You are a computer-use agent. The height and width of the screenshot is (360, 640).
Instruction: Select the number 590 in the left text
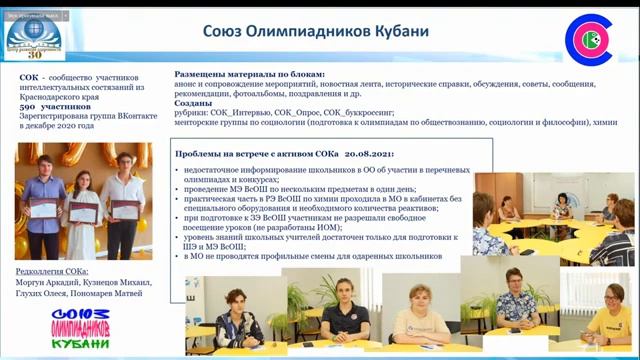pyautogui.click(x=28, y=106)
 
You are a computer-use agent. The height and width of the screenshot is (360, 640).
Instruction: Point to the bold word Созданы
pyautogui.click(x=196, y=104)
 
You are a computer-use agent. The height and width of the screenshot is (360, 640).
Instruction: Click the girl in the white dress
pyautogui.click(x=85, y=195)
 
